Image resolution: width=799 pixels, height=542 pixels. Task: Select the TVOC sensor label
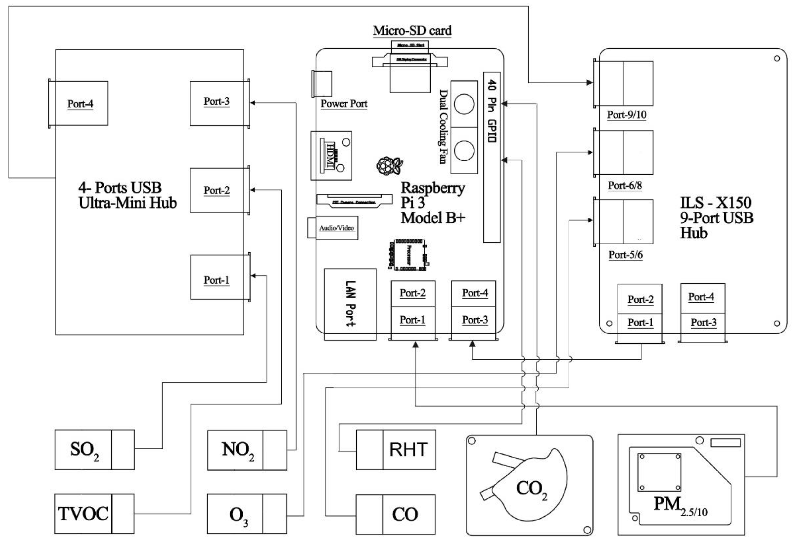pos(83,514)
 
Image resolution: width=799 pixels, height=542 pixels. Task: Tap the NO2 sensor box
pos(247,450)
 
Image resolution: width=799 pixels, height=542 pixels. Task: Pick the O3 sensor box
pos(247,514)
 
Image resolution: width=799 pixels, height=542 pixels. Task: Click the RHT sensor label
pos(408,450)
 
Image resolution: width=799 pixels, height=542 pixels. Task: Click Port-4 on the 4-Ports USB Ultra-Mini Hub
pos(80,104)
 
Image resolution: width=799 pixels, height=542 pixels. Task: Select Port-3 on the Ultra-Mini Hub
pos(217,102)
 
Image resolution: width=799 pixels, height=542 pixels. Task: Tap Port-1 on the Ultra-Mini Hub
pos(217,280)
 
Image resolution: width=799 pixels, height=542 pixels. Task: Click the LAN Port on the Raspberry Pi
pos(350,304)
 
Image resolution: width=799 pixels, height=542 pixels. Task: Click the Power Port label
pos(344,104)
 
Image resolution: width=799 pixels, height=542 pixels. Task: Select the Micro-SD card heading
pos(412,31)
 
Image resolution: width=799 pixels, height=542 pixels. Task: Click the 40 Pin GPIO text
pos(492,111)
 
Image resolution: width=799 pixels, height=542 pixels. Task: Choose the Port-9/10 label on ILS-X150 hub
pos(626,115)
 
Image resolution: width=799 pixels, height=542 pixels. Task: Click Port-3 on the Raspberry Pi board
pos(474,320)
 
